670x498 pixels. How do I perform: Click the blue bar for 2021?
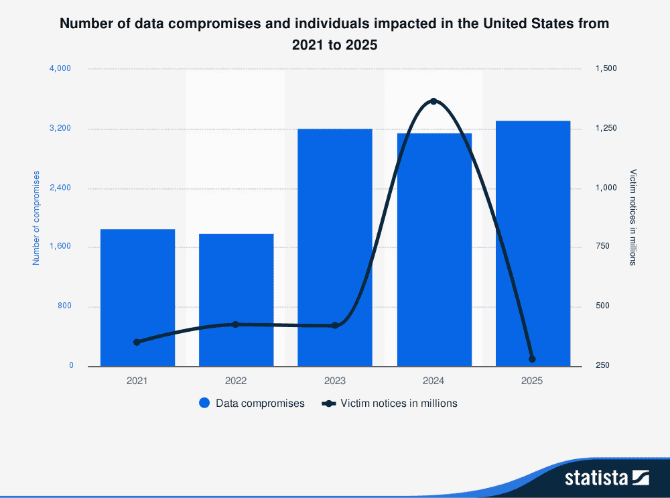(137, 298)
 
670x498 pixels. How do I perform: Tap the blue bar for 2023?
(335, 247)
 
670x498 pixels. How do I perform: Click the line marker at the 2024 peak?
(433, 101)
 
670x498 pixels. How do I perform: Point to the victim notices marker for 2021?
(137, 342)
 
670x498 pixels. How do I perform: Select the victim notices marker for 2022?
(235, 324)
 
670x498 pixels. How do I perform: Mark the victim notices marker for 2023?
(335, 326)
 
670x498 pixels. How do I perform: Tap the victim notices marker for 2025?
(532, 359)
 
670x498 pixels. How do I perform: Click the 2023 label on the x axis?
(335, 381)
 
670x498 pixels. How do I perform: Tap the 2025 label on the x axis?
(533, 381)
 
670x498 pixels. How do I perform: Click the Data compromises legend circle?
(205, 403)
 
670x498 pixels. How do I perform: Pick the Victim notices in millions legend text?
(399, 403)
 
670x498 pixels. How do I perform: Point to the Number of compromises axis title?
(36, 218)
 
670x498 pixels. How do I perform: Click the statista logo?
(606, 477)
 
